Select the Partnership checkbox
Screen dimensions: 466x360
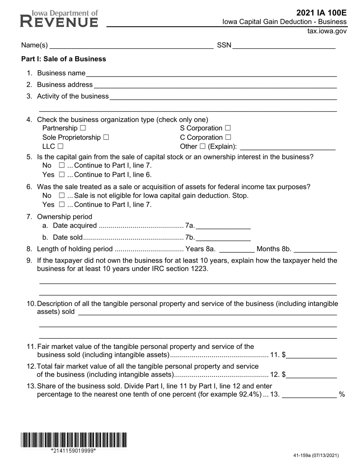[83, 128]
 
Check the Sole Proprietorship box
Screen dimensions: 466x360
[106, 138]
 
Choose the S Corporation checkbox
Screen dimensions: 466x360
[227, 128]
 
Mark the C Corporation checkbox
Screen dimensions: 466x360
[228, 138]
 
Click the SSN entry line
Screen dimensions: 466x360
[284, 46]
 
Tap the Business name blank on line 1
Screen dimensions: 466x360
[211, 73]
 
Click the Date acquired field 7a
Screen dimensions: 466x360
[223, 226]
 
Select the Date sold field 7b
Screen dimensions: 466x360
[223, 238]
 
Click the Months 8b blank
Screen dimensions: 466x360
[315, 249]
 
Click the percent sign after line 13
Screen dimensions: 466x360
[342, 394]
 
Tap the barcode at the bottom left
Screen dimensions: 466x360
[74, 440]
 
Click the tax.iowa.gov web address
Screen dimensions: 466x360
[327, 31]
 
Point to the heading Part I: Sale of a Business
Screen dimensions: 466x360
[64, 59]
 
